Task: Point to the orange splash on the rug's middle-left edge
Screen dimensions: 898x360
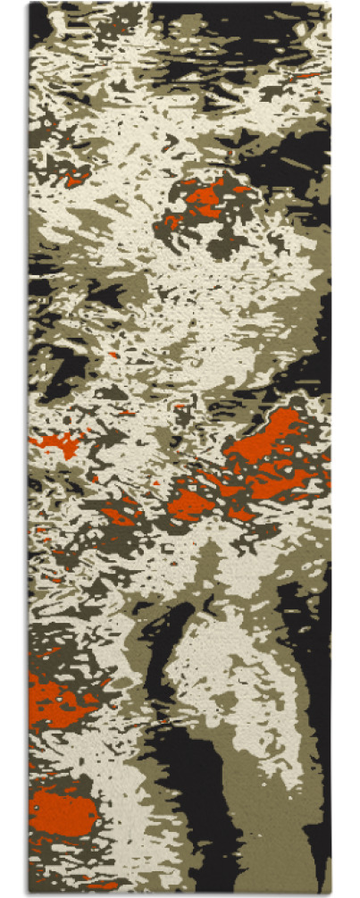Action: click(x=59, y=442)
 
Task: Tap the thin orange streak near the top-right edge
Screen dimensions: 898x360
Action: click(x=308, y=76)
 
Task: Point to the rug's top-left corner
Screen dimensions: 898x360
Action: click(x=30, y=4)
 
